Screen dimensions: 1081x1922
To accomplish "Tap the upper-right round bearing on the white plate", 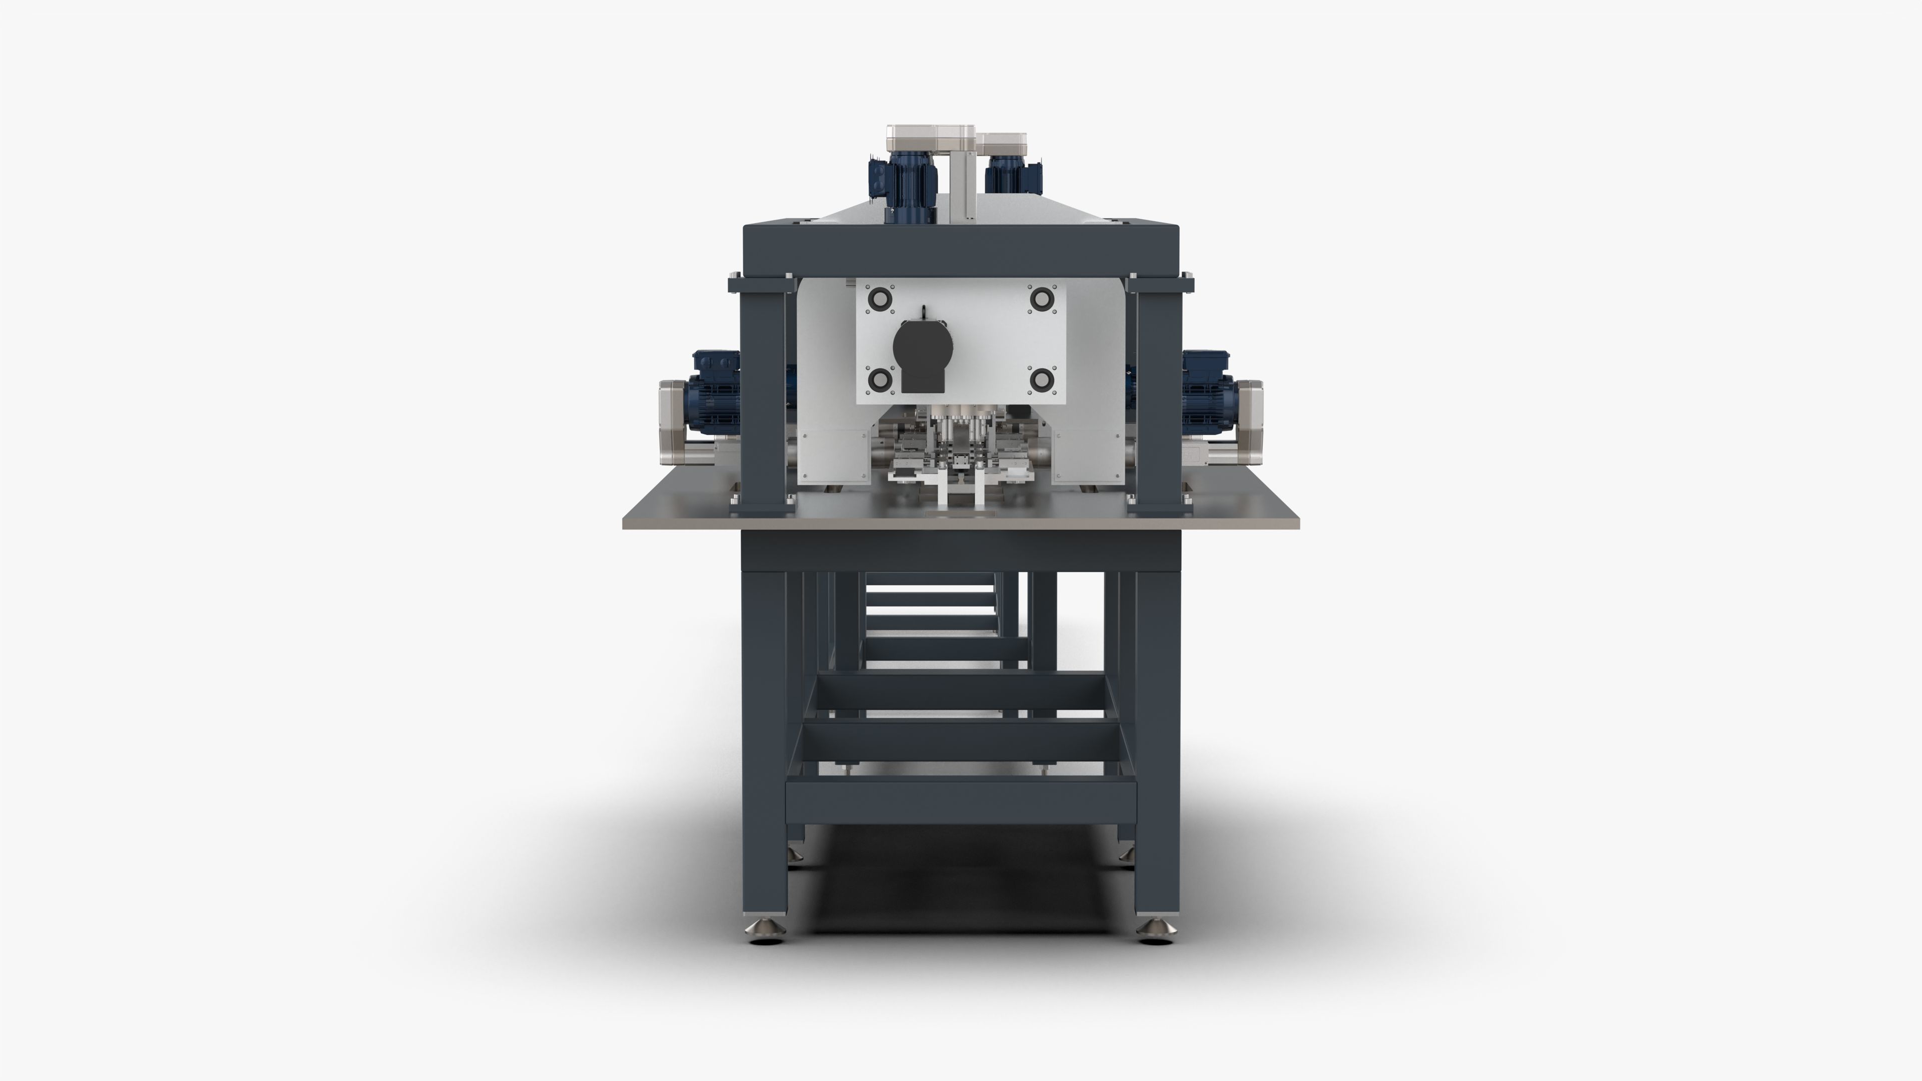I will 1040,298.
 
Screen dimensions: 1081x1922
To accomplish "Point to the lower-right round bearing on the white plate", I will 1040,380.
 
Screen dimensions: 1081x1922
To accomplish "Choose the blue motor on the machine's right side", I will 1209,392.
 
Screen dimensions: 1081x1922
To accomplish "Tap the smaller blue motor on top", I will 1013,179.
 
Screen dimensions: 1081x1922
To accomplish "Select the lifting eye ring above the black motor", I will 923,311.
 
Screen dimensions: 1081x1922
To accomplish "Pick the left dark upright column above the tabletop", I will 762,395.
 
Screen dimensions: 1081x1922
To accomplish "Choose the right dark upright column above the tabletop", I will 1158,395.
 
